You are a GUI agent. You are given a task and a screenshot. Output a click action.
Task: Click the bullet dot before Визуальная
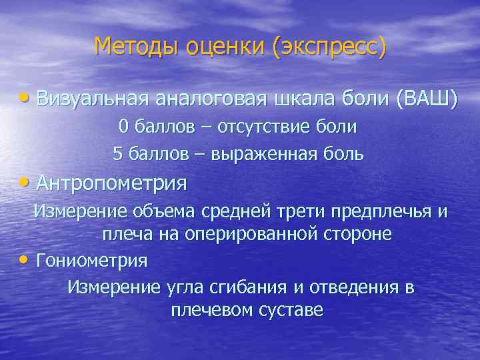coord(25,98)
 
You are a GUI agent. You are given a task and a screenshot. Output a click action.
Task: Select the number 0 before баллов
coord(123,126)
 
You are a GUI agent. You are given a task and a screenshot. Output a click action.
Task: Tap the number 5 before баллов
coord(117,154)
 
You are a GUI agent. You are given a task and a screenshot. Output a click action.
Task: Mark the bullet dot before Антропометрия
coord(25,181)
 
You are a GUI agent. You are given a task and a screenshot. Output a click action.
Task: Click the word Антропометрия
coord(112,181)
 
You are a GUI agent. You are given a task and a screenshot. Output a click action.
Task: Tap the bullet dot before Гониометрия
coord(25,259)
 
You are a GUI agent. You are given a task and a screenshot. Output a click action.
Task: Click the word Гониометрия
coord(92,260)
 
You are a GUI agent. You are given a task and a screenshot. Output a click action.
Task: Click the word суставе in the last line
coord(290,311)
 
